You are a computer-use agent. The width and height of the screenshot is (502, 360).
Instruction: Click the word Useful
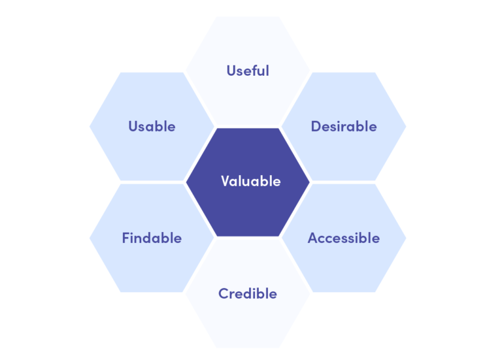point(248,71)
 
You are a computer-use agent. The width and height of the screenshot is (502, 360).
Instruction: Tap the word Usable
point(152,126)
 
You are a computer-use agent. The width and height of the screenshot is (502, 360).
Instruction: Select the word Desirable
point(344,126)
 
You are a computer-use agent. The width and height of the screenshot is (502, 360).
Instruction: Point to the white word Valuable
point(251,181)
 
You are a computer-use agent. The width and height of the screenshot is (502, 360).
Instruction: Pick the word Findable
point(152,238)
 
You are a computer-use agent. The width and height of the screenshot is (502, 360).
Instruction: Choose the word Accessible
point(344,238)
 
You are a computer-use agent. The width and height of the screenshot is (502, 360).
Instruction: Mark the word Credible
point(248,294)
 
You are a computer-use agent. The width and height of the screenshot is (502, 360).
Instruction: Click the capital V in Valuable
point(226,181)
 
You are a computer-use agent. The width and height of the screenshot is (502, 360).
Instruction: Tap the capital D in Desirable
point(316,126)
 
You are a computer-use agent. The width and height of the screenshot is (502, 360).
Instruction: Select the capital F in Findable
point(125,238)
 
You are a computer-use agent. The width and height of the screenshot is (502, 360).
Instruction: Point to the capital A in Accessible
point(313,238)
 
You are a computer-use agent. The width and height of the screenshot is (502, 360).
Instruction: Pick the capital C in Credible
point(224,294)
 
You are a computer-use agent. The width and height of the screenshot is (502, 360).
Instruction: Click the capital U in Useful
point(231,71)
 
